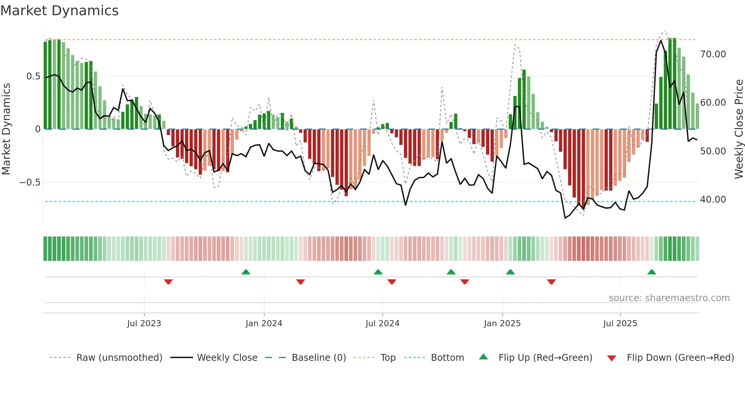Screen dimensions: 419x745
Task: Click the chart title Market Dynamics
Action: pos(60,11)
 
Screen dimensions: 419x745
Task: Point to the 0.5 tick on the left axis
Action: pos(33,76)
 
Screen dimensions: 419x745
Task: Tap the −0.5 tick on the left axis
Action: pos(30,183)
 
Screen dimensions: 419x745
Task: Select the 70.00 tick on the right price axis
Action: pos(713,54)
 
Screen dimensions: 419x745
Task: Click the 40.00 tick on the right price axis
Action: pos(713,200)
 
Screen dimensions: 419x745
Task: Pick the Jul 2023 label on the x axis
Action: pos(144,324)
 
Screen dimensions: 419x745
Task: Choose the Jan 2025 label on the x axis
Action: pos(502,324)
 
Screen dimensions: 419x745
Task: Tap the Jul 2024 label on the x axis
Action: pos(382,324)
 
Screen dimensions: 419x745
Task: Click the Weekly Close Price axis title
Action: pos(739,129)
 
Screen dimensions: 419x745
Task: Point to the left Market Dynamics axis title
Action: pos(6,129)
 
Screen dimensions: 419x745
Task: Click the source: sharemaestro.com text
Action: pos(669,298)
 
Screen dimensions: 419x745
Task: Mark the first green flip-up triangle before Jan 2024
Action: pos(246,272)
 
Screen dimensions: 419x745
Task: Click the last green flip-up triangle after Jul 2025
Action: pos(651,272)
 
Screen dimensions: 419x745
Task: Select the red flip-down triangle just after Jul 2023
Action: pos(168,282)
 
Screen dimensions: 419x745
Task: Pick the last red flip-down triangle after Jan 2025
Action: pos(552,282)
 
